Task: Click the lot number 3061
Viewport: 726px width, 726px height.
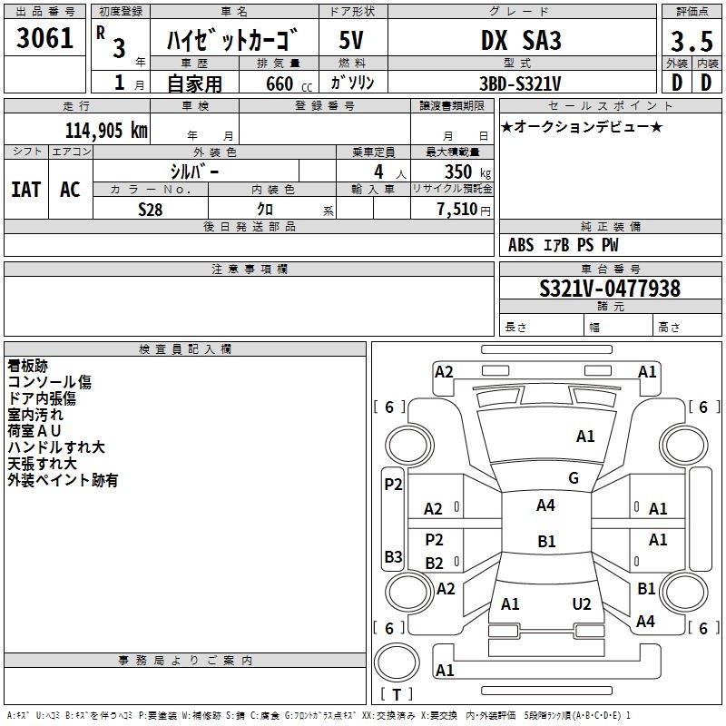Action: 44,38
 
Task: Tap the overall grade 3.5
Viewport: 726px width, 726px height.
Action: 692,41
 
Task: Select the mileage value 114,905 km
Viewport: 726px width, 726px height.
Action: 106,131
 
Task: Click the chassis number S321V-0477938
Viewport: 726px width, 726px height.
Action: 610,288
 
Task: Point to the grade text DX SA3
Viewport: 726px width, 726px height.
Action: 521,40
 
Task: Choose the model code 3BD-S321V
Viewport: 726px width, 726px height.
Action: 520,83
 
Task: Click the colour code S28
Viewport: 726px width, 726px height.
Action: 151,210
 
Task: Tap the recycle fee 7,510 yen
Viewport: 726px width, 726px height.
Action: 464,210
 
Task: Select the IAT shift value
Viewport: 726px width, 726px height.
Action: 26,190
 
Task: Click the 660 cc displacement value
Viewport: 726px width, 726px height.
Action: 289,83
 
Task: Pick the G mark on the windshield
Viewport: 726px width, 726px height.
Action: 574,477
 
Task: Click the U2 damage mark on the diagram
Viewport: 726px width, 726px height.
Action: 582,603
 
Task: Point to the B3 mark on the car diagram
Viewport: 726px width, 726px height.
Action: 393,556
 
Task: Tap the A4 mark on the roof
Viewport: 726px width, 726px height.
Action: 545,505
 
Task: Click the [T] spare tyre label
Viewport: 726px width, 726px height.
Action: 397,694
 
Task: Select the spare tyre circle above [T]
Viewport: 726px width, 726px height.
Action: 397,662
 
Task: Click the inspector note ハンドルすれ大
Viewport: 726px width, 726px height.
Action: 56,447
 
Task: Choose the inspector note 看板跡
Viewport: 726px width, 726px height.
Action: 28,366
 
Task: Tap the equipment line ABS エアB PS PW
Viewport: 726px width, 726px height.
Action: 563,245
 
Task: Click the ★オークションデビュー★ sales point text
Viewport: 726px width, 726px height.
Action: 582,126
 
